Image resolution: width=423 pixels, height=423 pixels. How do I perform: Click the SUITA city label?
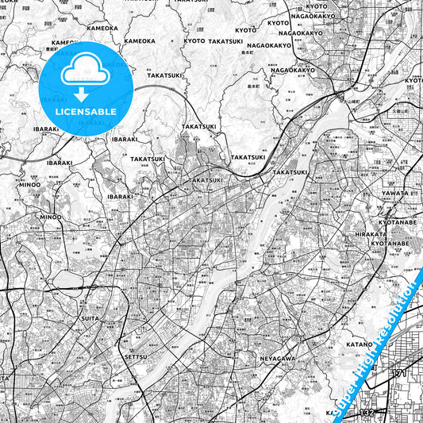click(90, 318)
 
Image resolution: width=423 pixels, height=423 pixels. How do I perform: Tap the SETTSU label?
click(136, 358)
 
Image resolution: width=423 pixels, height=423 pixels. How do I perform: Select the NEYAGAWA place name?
click(278, 359)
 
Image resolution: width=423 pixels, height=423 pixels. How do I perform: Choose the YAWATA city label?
click(395, 192)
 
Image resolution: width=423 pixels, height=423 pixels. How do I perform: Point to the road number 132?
click(367, 413)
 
